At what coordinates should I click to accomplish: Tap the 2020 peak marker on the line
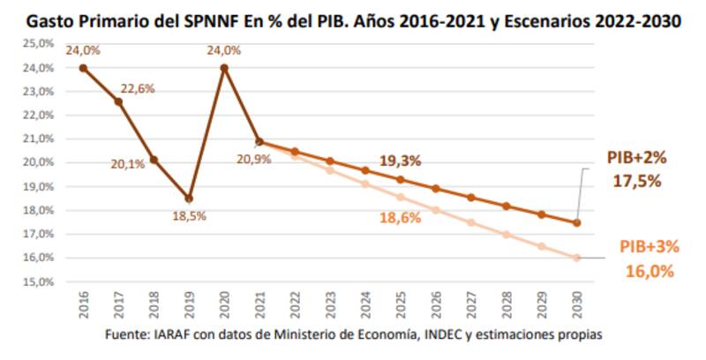[x=224, y=67]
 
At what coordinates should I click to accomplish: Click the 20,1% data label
[x=128, y=165]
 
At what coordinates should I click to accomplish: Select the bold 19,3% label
[x=400, y=161]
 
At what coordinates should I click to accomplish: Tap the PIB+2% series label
[x=635, y=157]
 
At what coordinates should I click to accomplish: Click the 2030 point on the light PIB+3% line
[x=577, y=258]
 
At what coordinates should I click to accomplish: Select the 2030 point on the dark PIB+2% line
[x=577, y=222]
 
